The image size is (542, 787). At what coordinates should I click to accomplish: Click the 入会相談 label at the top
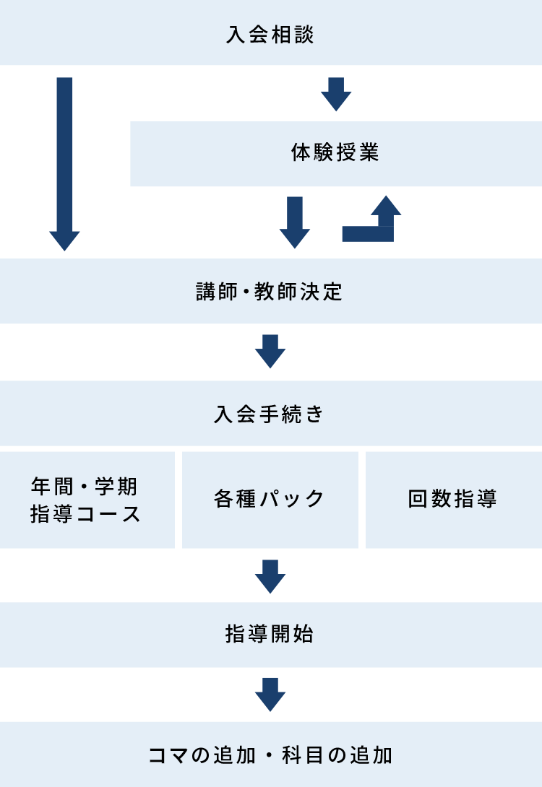[270, 35]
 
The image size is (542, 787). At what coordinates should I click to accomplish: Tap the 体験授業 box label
[335, 152]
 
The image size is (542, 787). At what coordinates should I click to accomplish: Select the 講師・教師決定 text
[270, 292]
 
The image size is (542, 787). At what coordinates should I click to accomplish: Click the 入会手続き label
[270, 414]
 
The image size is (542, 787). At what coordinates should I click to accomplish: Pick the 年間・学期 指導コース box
[87, 500]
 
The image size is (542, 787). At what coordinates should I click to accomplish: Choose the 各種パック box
[270, 500]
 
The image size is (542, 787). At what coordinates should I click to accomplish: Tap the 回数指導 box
[454, 500]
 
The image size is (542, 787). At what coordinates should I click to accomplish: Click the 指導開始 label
[270, 634]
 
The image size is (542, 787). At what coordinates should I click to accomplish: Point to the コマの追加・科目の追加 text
[270, 755]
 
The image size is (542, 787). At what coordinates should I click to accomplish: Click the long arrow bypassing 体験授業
[64, 164]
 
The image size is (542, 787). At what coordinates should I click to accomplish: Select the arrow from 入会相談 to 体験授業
[336, 95]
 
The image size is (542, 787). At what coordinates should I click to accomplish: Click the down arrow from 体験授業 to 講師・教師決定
[294, 222]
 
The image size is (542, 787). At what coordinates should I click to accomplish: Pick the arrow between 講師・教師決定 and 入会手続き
[270, 352]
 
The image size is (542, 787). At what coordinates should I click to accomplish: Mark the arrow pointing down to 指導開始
[270, 577]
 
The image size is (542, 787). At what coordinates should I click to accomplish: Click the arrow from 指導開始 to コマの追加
[270, 695]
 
